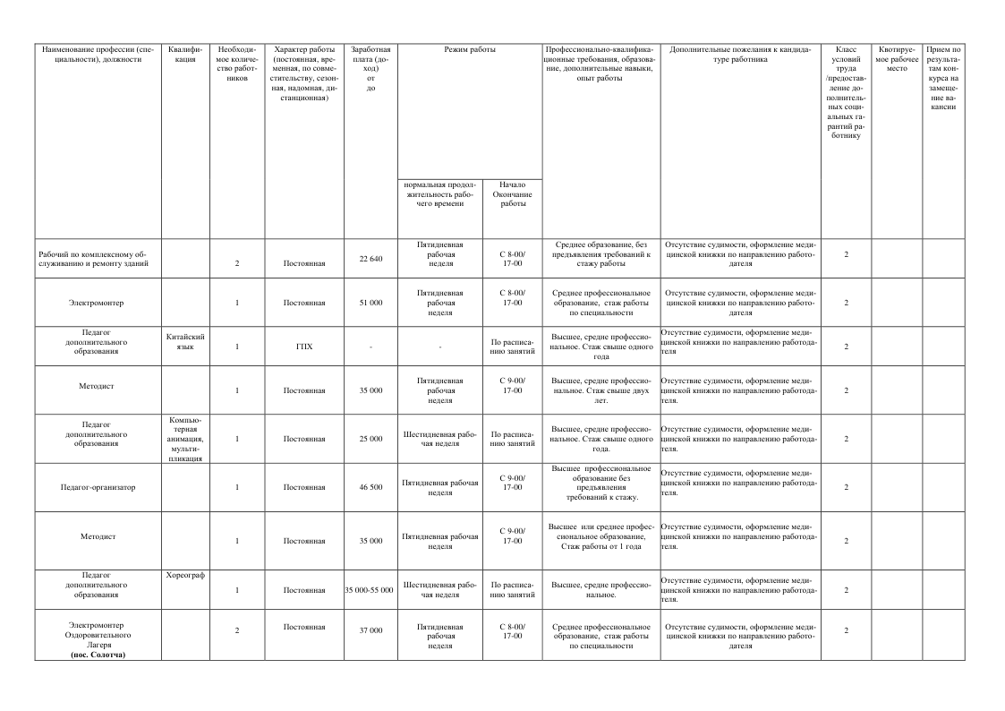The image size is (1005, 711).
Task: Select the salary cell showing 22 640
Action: [370, 259]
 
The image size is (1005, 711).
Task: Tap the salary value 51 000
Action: [370, 303]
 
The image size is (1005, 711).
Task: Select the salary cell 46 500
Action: [370, 487]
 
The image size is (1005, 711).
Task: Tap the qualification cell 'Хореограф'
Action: [186, 574]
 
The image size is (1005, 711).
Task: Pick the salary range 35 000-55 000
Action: [370, 590]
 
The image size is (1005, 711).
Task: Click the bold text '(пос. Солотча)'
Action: [98, 655]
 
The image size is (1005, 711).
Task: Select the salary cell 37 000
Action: [370, 630]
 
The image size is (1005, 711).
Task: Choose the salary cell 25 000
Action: [370, 439]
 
